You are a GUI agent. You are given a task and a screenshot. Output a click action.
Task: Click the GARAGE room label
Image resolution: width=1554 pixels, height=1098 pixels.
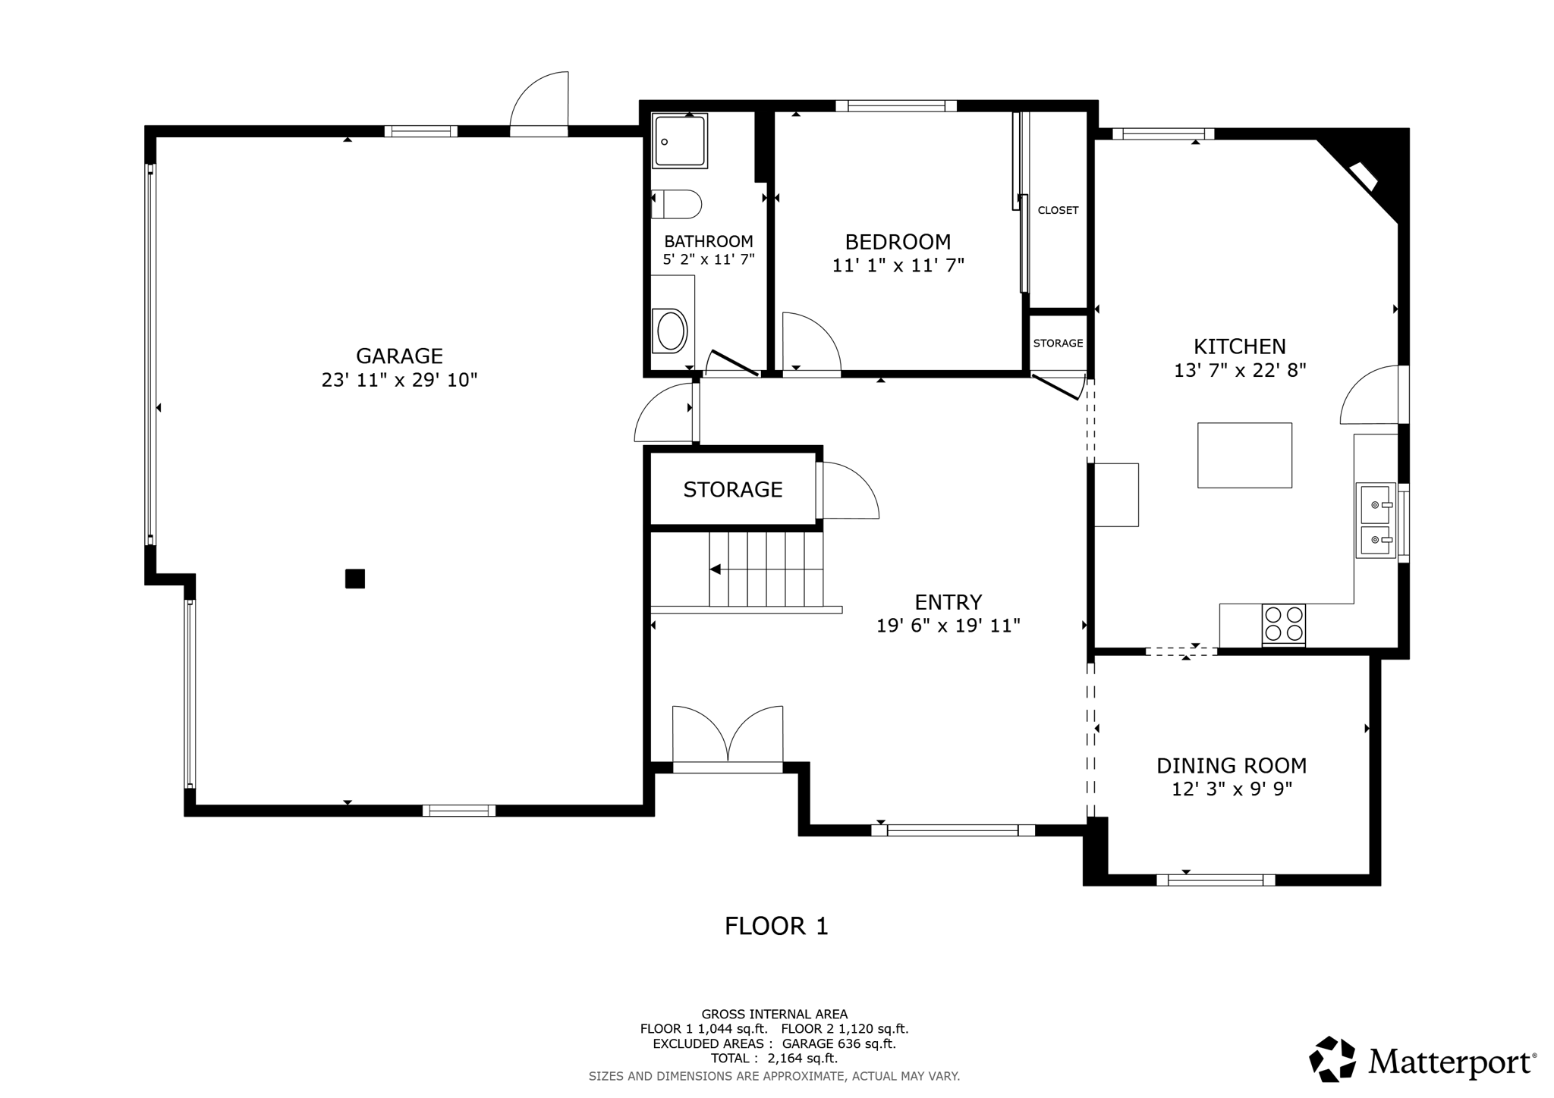(399, 356)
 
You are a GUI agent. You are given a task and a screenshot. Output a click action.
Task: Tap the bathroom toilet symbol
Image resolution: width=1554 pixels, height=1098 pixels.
(676, 204)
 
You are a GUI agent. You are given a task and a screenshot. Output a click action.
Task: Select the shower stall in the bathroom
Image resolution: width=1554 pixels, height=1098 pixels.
(679, 141)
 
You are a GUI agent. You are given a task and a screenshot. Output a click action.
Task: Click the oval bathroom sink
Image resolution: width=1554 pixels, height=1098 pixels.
(672, 331)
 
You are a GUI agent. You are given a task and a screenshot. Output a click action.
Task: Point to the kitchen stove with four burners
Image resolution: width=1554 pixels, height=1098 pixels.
(1284, 624)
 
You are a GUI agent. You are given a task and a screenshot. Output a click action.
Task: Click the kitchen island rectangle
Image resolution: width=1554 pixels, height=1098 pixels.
(1244, 455)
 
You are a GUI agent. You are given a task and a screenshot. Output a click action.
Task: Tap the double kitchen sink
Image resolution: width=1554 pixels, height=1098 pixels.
(1376, 521)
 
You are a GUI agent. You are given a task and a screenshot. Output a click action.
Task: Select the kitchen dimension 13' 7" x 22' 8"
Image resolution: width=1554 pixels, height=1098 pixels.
(1240, 371)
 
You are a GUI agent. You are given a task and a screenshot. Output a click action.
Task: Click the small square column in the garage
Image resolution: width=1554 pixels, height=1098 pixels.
(355, 579)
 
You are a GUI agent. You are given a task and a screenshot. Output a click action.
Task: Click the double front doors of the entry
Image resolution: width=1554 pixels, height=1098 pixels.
(728, 739)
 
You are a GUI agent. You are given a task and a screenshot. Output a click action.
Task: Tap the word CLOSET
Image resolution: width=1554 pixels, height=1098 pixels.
(1058, 210)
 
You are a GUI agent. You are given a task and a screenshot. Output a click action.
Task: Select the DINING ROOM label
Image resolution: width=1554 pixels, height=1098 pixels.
(1232, 766)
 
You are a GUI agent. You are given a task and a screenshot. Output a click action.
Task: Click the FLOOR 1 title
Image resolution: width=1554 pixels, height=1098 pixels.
(776, 926)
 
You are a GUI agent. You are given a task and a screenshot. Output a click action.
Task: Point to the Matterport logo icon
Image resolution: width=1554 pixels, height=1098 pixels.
(1332, 1059)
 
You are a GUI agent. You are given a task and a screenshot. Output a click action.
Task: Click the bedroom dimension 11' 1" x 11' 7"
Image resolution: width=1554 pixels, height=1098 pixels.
(898, 265)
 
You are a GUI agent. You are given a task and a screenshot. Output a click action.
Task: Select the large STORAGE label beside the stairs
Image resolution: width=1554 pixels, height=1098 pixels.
(733, 490)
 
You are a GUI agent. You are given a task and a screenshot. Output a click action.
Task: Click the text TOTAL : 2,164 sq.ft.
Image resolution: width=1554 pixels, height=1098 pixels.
(774, 1059)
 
